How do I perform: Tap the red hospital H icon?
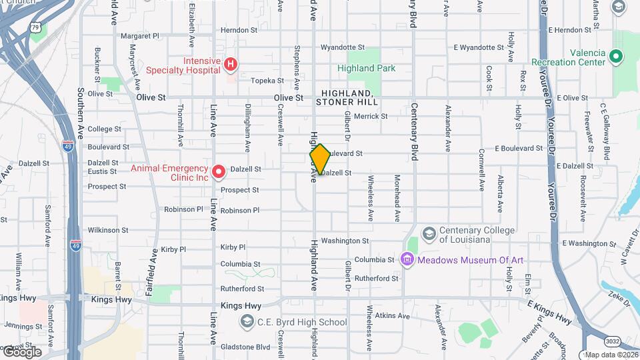tap(230, 65)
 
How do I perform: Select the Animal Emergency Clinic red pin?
tap(219, 173)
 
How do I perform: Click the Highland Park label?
tap(366, 68)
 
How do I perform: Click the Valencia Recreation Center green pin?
tap(616, 57)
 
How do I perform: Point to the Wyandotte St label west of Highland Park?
tap(343, 47)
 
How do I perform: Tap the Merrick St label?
tap(371, 116)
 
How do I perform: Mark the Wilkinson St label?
tap(107, 230)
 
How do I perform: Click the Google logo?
tap(21, 352)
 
